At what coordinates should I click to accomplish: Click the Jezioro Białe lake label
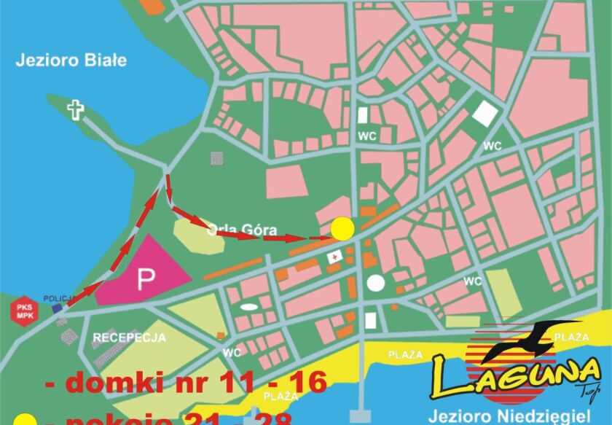(71, 61)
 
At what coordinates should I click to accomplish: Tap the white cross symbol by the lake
(75, 110)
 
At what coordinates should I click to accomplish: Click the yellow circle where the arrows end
(342, 229)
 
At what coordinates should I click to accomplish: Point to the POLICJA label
(57, 298)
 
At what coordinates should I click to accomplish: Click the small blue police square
(57, 308)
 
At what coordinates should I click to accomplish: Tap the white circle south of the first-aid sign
(375, 283)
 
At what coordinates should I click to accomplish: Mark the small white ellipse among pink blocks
(249, 307)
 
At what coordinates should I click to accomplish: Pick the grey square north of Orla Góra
(216, 157)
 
